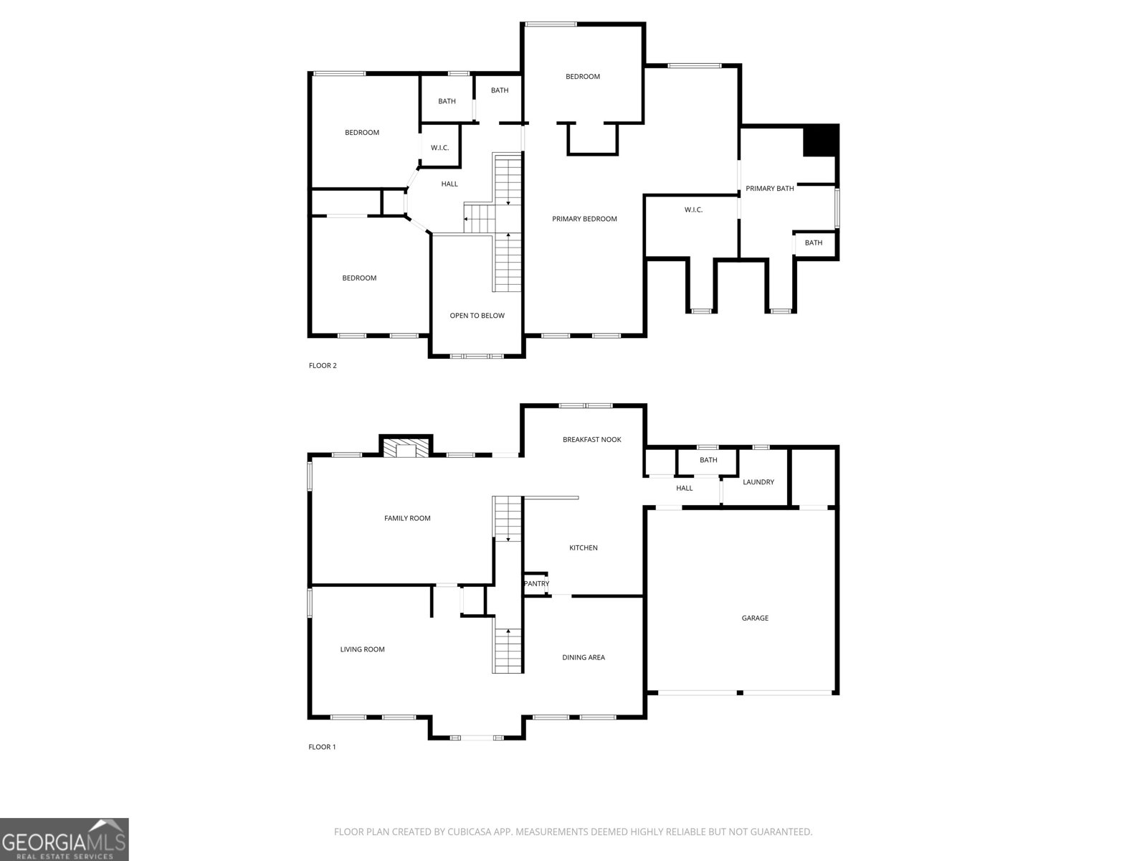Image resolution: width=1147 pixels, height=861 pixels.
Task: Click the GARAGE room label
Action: point(755,618)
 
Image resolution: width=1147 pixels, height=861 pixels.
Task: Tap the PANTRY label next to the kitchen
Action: point(536,583)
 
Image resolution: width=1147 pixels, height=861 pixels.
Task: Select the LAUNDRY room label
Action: point(758,482)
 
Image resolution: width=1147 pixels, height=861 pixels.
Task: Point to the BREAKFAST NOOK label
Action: point(591,439)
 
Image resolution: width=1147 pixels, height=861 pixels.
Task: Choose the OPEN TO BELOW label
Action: point(477,316)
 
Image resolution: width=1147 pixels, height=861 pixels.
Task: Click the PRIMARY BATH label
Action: point(769,189)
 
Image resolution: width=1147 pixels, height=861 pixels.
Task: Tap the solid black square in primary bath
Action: point(820,141)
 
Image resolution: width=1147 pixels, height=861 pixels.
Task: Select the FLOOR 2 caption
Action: point(323,365)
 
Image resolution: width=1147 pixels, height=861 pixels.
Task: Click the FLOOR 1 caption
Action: point(322,747)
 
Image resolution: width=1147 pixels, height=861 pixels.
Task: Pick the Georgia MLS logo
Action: point(64,839)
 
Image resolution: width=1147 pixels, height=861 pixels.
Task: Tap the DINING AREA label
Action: point(584,657)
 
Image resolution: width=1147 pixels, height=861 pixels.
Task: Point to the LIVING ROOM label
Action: point(362,649)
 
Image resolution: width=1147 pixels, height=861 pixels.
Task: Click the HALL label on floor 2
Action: point(449,184)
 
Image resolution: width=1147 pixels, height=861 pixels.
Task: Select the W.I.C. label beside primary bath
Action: point(693,210)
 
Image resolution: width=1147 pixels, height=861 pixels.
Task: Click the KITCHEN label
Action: point(584,548)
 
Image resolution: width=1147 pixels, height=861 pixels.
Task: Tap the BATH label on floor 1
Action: point(708,460)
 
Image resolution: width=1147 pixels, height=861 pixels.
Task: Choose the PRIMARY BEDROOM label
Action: point(584,219)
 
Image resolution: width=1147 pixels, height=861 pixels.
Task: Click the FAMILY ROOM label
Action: point(407,518)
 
